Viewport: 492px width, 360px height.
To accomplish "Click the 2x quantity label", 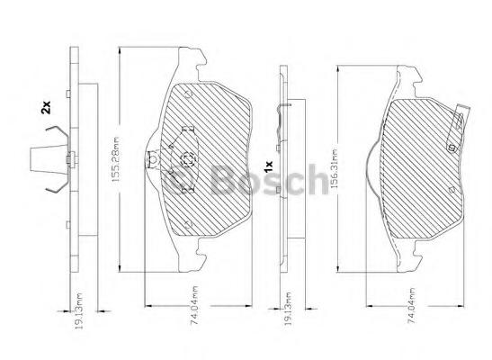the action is pyautogui.click(x=46, y=107).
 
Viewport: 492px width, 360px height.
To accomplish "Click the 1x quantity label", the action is pyautogui.click(x=269, y=166).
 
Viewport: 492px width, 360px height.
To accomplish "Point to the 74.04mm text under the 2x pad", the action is pyautogui.click(x=194, y=304).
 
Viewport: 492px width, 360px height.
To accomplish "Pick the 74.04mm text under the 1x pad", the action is pyautogui.click(x=411, y=305).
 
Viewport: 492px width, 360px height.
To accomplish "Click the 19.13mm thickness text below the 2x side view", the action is pyautogui.click(x=79, y=311).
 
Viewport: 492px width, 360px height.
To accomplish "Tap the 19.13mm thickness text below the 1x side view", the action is pyautogui.click(x=289, y=309).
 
